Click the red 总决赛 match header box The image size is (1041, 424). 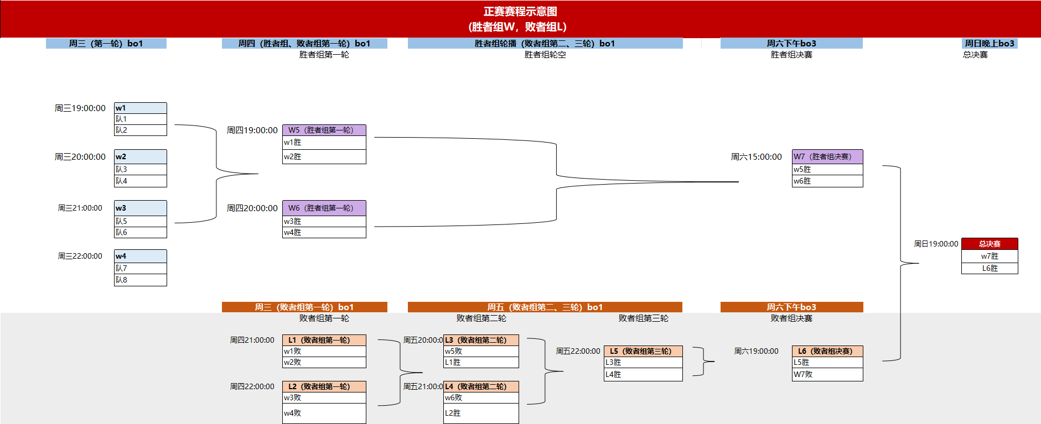coord(990,244)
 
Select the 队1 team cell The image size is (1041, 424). coord(140,119)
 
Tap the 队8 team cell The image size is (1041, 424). coord(140,280)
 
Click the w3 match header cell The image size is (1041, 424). coord(140,208)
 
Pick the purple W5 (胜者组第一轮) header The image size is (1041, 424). coord(324,130)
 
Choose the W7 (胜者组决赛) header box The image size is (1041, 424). coord(827,156)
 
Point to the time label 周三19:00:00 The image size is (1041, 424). coord(80,108)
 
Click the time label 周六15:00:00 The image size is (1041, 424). coord(756,157)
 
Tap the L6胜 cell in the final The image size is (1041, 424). coord(990,268)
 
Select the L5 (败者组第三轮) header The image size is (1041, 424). coord(643,351)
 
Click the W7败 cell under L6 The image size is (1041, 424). coord(827,374)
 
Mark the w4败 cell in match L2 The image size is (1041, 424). coord(324,413)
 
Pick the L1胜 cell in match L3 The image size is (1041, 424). coord(480,362)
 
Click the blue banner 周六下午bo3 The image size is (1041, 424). coord(791,43)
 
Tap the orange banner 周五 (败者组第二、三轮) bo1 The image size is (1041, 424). coord(545,307)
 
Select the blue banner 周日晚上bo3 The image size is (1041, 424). coord(989,43)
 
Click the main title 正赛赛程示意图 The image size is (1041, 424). coord(520,12)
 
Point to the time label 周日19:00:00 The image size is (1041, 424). coord(936,244)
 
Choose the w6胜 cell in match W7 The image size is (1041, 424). coord(827,181)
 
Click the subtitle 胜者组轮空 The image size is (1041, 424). coord(545,55)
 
